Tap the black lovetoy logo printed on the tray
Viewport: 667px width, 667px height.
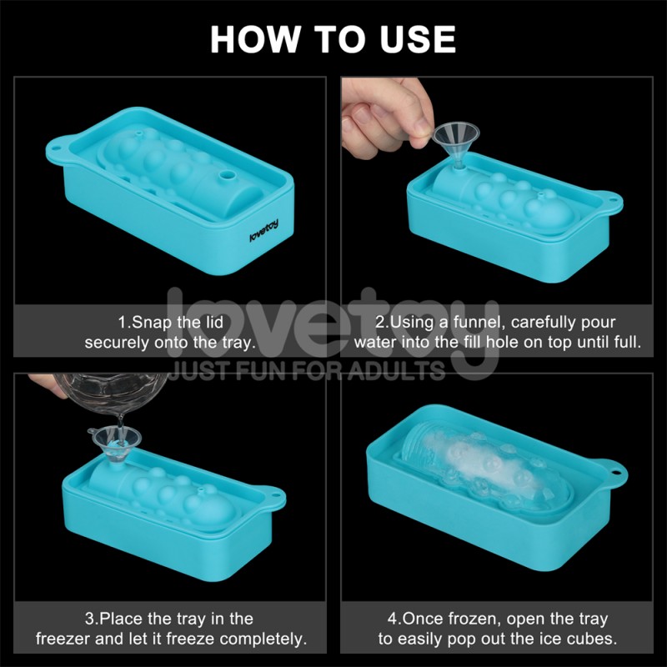[x=263, y=231]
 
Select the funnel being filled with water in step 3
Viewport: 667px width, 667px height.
[x=116, y=444]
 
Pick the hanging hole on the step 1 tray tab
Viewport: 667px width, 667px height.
[x=55, y=149]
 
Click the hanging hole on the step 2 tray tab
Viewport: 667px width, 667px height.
[x=612, y=199]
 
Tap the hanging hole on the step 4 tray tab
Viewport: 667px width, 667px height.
[x=616, y=472]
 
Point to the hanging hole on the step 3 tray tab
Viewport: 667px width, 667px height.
[x=275, y=495]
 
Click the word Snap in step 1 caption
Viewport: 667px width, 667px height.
[x=153, y=323]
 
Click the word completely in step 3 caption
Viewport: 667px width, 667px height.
[x=263, y=639]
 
